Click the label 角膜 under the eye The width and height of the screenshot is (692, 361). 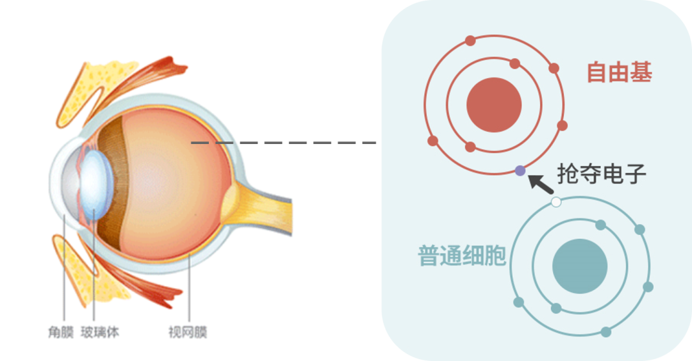pos(62,333)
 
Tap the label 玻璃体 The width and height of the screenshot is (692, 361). pos(100,333)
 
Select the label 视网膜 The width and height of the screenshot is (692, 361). pos(188,333)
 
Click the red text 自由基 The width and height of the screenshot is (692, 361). pos(619,73)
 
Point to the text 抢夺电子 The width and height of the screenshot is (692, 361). pos(602,173)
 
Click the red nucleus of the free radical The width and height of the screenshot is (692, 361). pos(494,105)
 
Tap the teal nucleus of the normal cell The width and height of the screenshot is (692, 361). pos(579,266)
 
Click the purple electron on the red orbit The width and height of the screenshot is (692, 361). pos(520,171)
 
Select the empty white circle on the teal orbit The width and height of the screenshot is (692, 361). pos(556,202)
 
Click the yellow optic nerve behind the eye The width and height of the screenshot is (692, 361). pos(263,199)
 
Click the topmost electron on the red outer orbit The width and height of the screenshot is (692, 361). pos(470,41)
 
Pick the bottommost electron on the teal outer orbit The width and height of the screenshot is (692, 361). pos(606,332)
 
